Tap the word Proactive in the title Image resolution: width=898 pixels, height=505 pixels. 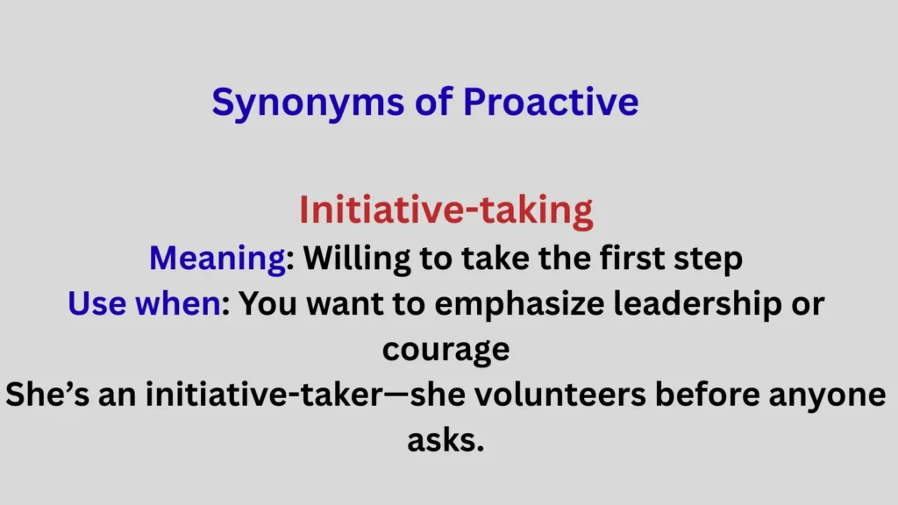pyautogui.click(x=551, y=103)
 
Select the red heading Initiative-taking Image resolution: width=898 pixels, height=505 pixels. pyautogui.click(x=445, y=210)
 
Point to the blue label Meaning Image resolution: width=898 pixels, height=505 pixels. pyautogui.click(x=217, y=259)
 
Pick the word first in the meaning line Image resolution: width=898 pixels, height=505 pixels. pyautogui.click(x=631, y=259)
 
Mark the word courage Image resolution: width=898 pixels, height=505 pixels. pyautogui.click(x=445, y=350)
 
